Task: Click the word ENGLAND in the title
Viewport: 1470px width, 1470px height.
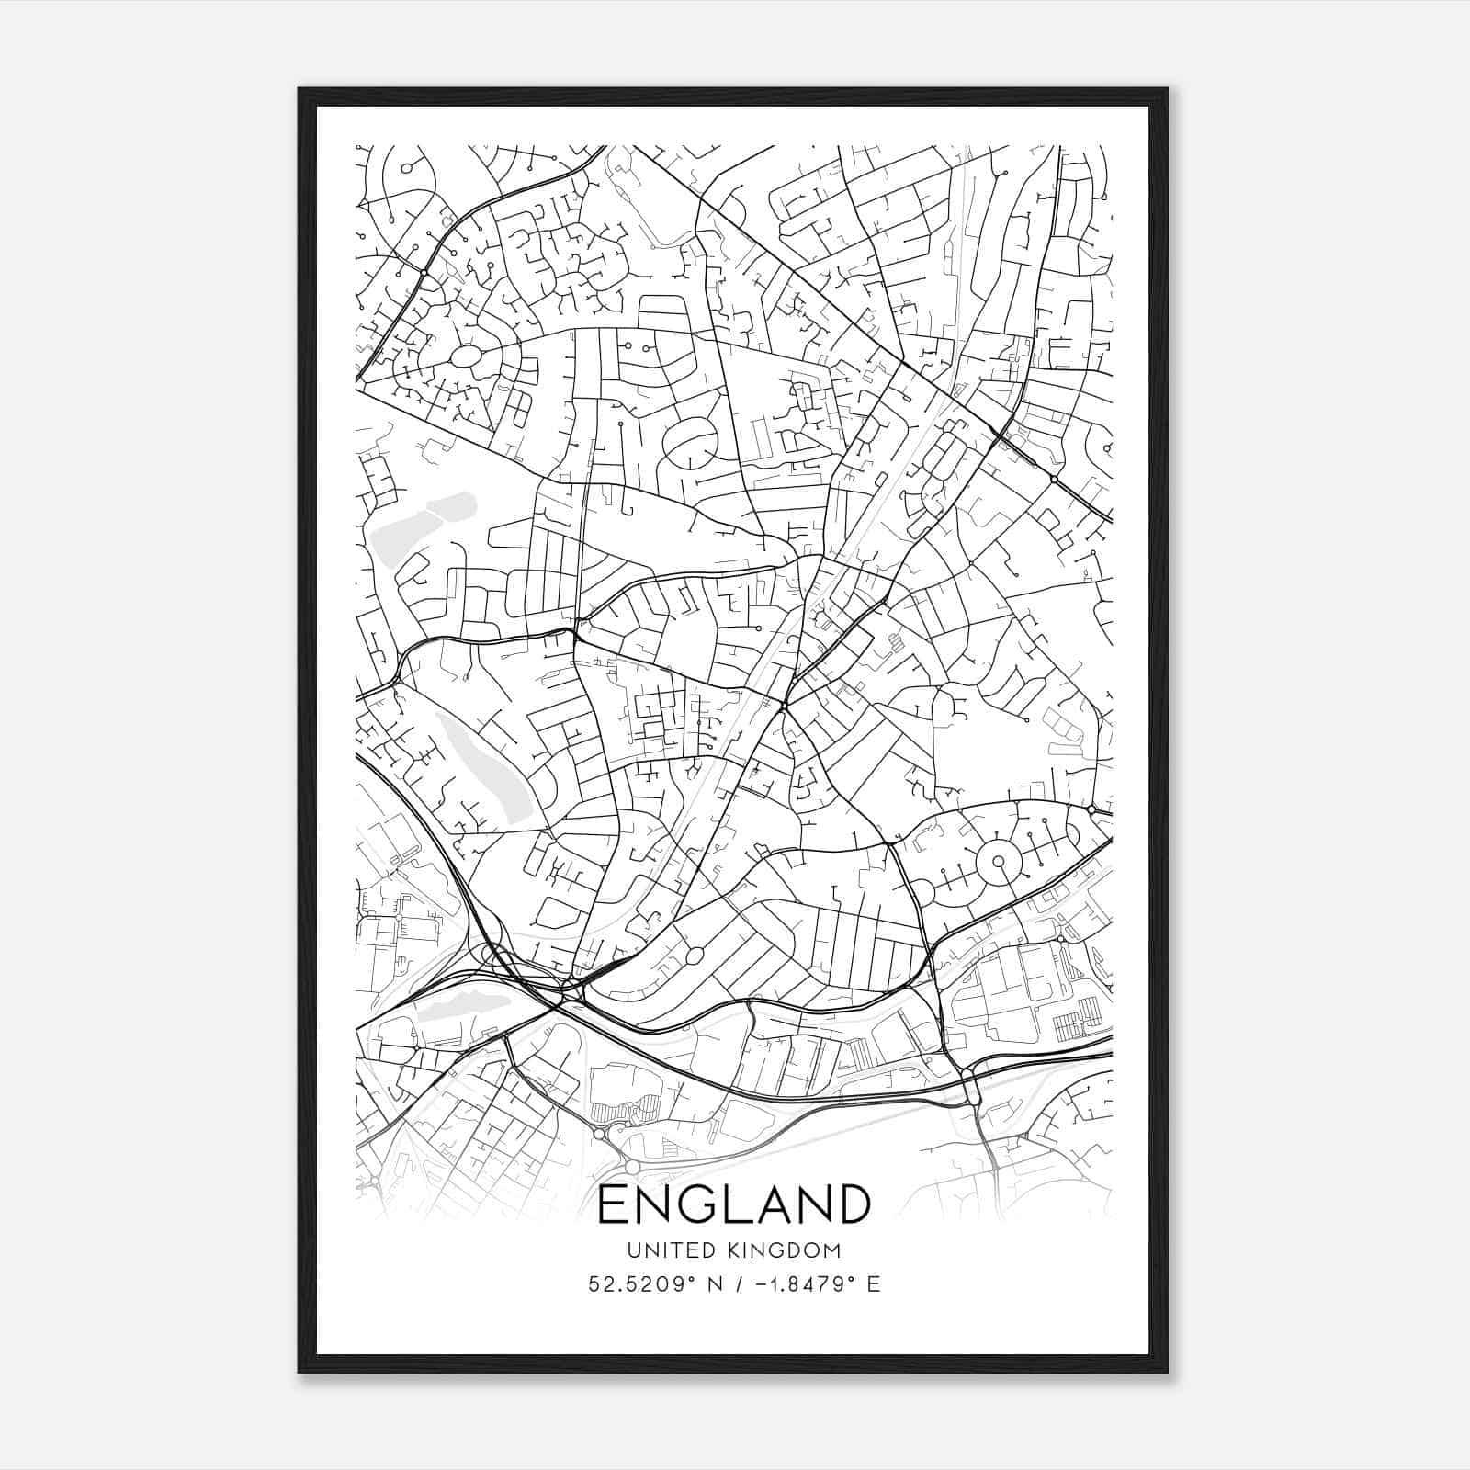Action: pyautogui.click(x=733, y=1204)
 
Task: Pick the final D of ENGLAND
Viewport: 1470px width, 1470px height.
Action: pyautogui.click(x=852, y=1204)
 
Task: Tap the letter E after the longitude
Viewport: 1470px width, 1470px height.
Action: pyautogui.click(x=874, y=1284)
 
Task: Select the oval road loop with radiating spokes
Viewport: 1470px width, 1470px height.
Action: pyautogui.click(x=466, y=356)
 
